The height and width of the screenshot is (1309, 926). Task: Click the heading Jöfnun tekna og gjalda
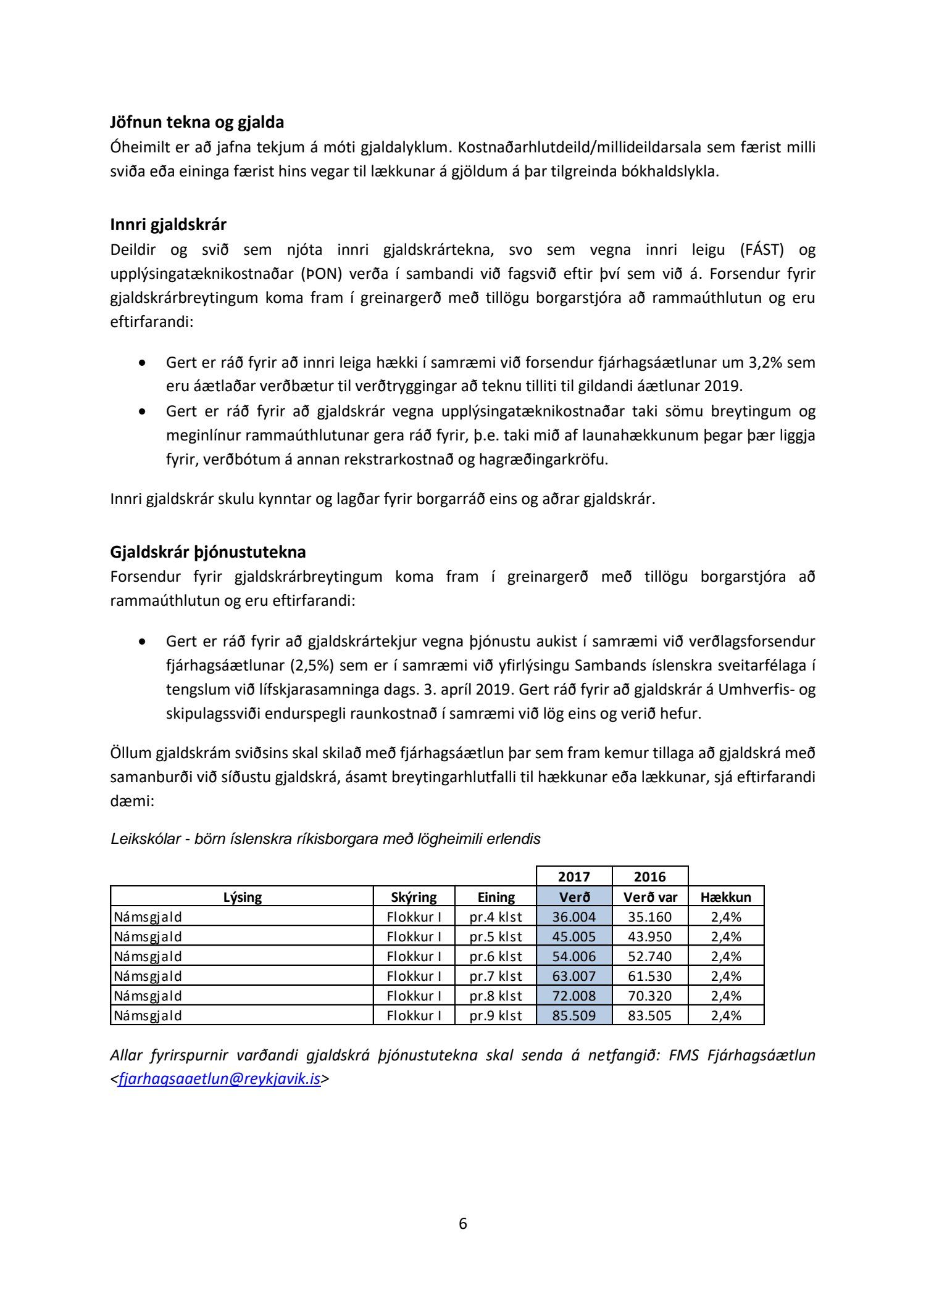[x=197, y=122]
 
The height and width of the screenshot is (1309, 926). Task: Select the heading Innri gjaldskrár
[x=168, y=225]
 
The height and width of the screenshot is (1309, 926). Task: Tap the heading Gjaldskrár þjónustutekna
[x=207, y=551]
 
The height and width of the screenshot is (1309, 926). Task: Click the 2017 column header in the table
[x=574, y=877]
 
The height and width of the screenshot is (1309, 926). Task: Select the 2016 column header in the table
[x=650, y=877]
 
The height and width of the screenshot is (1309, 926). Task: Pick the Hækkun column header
[x=726, y=897]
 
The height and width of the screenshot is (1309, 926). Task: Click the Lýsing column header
[x=242, y=897]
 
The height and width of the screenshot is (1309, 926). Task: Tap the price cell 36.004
[x=574, y=917]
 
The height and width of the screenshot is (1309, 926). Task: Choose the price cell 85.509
[x=574, y=1015]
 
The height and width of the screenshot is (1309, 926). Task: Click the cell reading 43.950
[x=650, y=936]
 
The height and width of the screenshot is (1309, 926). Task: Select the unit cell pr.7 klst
[x=496, y=976]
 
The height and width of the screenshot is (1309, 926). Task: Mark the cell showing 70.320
[x=650, y=996]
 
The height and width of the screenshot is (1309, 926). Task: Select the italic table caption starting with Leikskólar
[x=325, y=839]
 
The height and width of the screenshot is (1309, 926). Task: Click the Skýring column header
[x=414, y=897]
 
